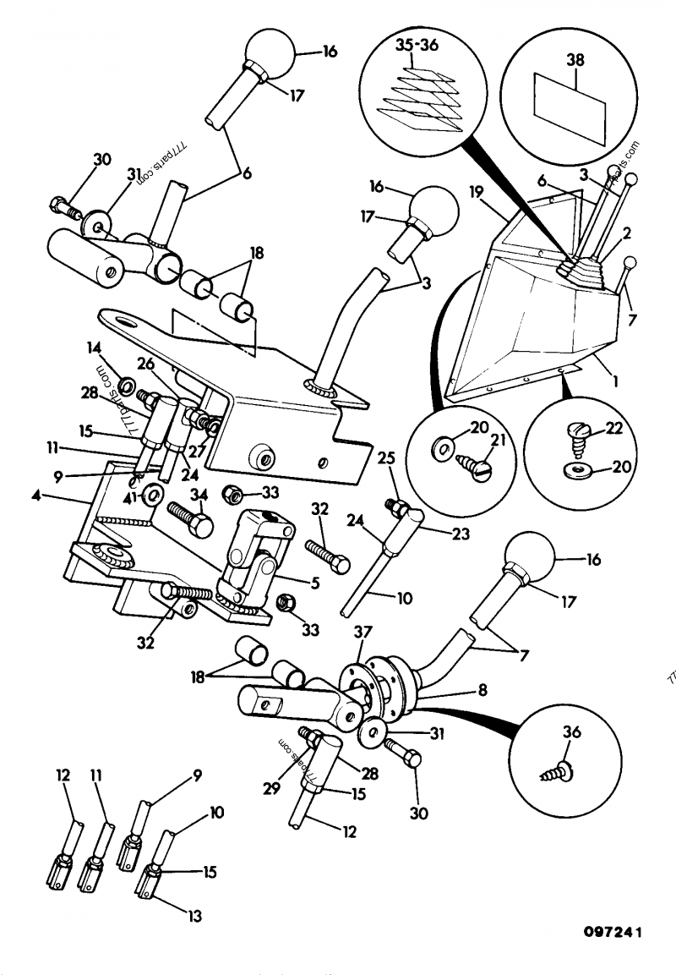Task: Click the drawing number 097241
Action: (613, 933)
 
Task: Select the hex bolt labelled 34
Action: (190, 518)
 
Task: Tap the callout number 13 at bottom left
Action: (193, 915)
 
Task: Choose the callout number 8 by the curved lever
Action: (482, 691)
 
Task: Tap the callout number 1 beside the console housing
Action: (615, 381)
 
